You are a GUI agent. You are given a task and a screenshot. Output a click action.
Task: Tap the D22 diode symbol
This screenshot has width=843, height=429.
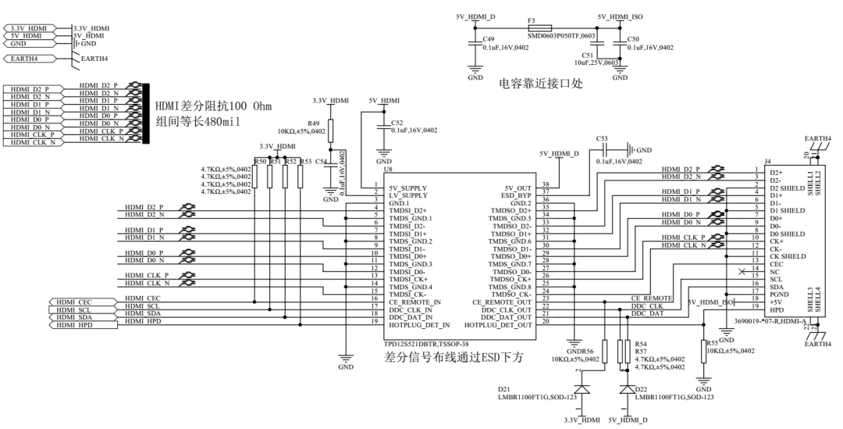click(x=627, y=388)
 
